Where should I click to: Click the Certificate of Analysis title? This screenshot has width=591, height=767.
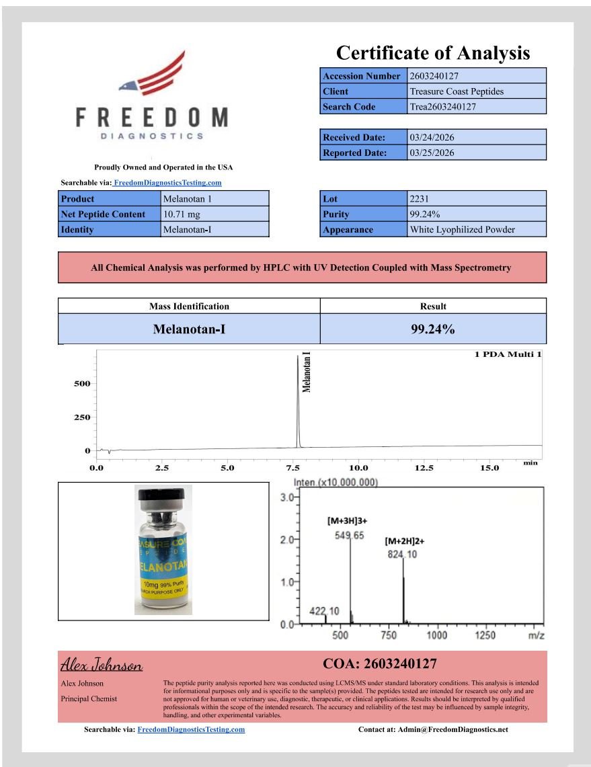(x=433, y=52)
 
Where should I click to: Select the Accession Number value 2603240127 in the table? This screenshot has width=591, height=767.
(x=434, y=76)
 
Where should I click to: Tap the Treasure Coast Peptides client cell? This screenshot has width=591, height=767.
(x=457, y=91)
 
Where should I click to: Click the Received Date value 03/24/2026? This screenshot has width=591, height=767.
(x=432, y=137)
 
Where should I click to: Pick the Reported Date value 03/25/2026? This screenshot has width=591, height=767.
(x=432, y=153)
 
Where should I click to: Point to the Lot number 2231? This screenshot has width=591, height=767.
(x=419, y=199)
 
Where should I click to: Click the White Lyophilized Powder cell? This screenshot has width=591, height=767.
(x=462, y=230)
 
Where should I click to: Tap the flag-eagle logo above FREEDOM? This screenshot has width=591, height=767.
(x=153, y=75)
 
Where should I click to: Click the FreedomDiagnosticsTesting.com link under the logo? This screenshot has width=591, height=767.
(x=167, y=182)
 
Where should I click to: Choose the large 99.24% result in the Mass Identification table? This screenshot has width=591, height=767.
(x=433, y=329)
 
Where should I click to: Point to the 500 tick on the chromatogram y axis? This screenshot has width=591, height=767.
(x=82, y=384)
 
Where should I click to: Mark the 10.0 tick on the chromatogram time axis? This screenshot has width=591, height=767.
(x=358, y=468)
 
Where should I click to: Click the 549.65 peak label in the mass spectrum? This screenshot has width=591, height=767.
(x=350, y=536)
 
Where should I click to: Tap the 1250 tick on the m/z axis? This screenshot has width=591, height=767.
(x=485, y=635)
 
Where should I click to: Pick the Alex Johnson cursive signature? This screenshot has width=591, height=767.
(x=102, y=665)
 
